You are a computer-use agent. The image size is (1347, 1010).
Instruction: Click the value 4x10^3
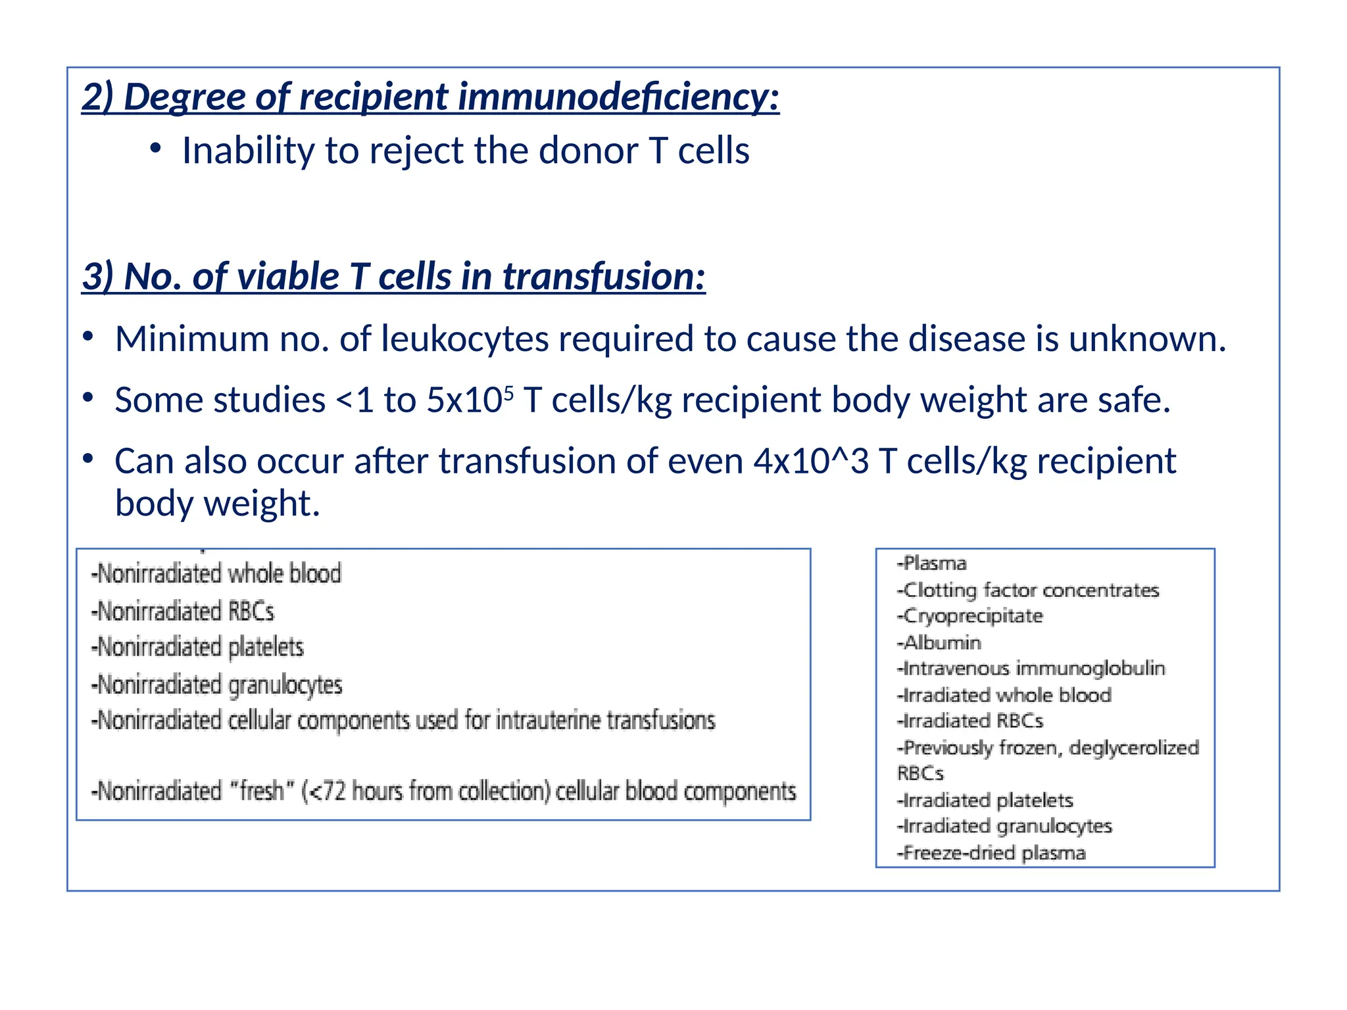coord(811,461)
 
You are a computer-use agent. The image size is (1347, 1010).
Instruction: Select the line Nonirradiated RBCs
coord(183,611)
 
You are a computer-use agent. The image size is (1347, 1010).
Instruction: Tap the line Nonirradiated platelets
coord(198,647)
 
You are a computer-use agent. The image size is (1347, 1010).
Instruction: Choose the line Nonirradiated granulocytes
coord(218,685)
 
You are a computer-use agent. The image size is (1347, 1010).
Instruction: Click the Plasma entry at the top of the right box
coord(932,564)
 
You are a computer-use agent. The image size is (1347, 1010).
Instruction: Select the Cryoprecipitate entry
coord(971,616)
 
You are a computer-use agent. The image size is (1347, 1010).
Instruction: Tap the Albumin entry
coord(940,642)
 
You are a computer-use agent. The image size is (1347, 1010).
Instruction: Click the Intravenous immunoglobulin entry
coord(1032,669)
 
